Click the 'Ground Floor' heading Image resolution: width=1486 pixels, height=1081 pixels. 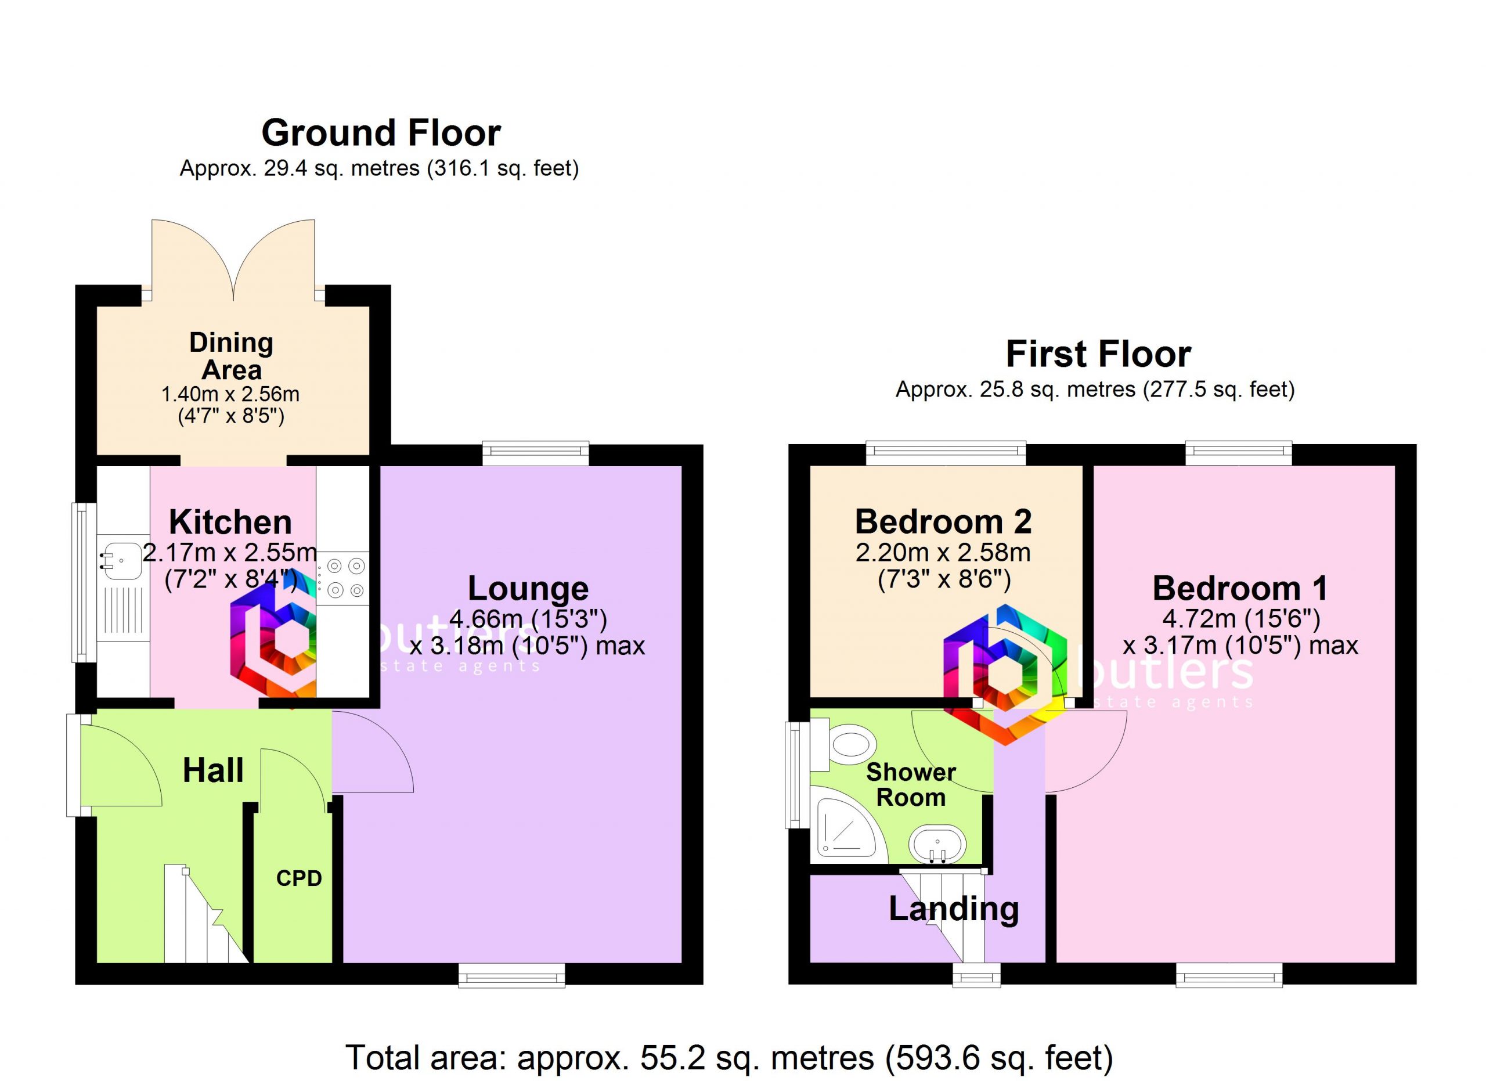click(x=381, y=133)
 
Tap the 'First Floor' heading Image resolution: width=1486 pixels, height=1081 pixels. click(x=1098, y=355)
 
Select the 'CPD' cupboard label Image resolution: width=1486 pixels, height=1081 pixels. click(x=299, y=878)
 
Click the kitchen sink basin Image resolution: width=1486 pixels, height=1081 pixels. click(x=121, y=562)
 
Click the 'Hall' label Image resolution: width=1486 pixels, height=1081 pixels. click(x=213, y=770)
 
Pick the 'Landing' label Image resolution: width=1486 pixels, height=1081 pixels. click(x=953, y=910)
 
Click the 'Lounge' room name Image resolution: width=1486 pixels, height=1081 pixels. click(x=528, y=588)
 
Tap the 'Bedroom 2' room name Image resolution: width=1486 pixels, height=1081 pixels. click(x=943, y=521)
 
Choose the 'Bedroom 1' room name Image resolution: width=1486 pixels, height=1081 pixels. click(x=1240, y=588)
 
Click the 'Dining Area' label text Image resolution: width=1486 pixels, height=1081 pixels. click(x=231, y=356)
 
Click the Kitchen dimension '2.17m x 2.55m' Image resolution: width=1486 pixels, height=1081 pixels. click(x=230, y=553)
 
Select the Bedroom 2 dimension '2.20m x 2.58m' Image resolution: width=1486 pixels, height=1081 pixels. click(x=943, y=553)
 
